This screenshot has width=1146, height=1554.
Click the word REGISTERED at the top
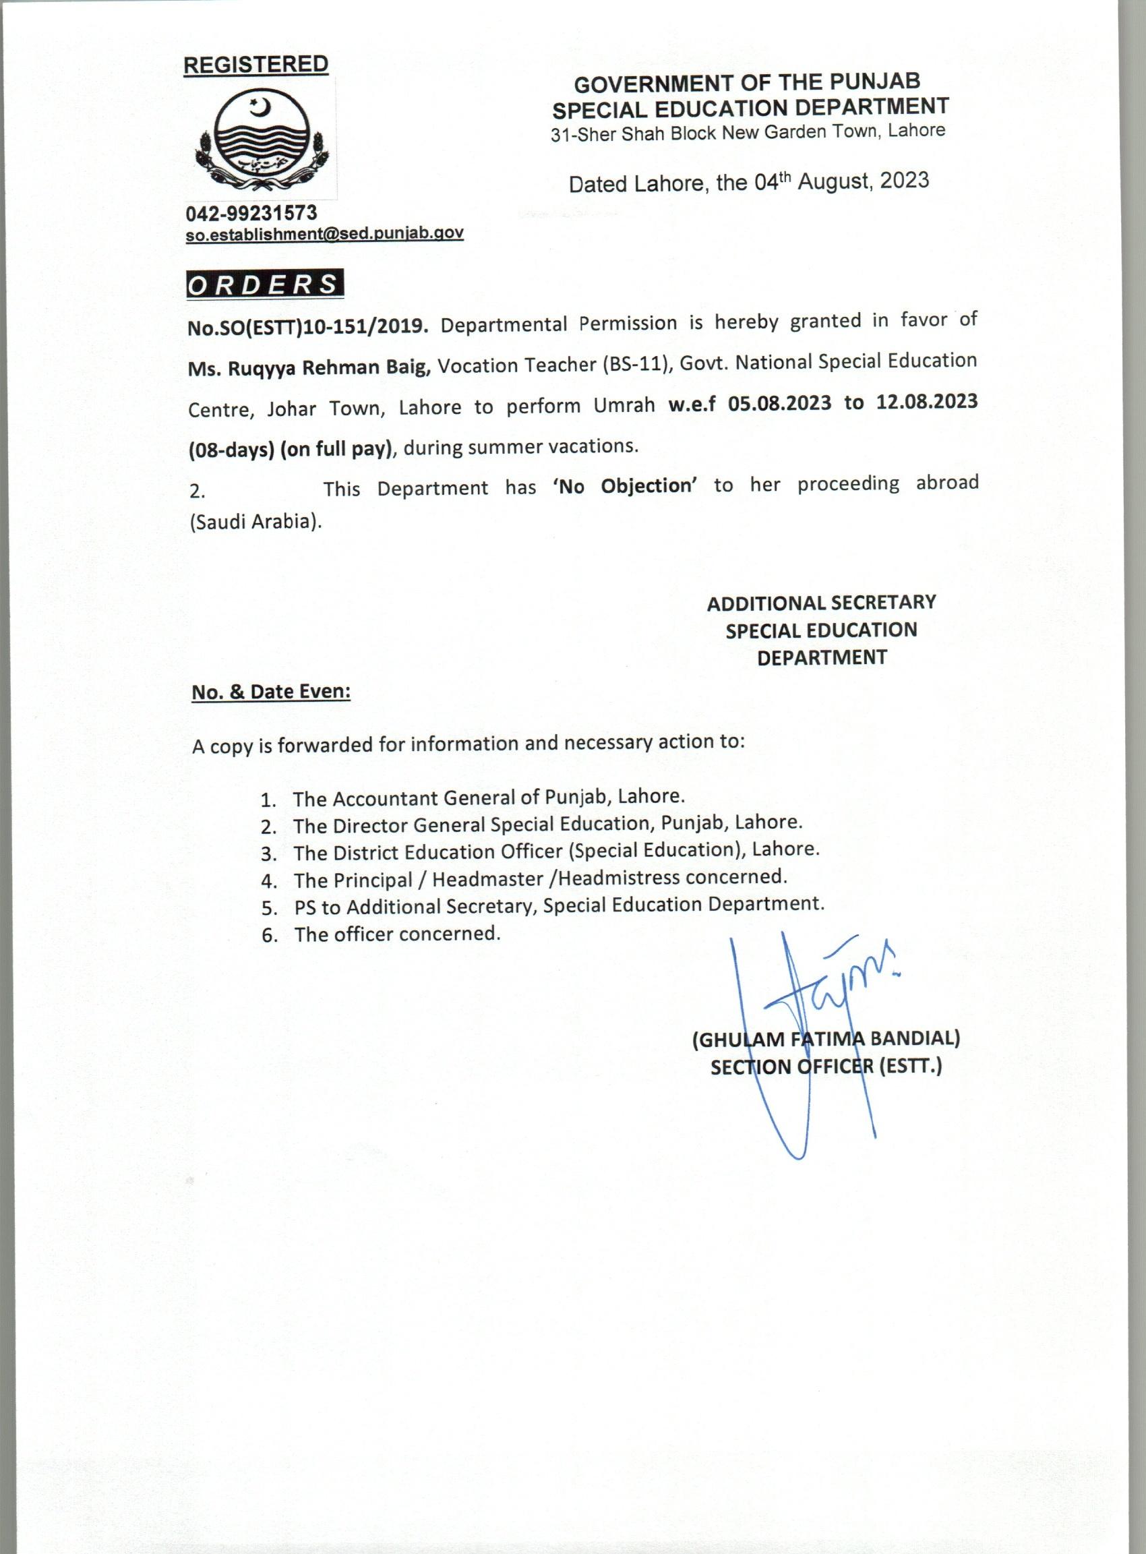[255, 65]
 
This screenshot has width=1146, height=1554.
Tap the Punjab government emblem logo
[262, 140]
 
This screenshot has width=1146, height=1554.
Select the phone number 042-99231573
[251, 212]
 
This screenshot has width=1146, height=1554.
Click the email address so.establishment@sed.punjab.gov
[325, 234]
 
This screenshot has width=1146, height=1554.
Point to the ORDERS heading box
[264, 285]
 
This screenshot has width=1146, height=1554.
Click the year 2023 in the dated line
[904, 181]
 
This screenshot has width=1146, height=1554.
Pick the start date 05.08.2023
[779, 404]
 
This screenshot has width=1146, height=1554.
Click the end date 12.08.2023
[927, 402]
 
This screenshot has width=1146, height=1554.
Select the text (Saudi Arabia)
[255, 522]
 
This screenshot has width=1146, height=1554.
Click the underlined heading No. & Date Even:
[271, 692]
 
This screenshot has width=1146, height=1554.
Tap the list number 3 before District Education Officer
[268, 854]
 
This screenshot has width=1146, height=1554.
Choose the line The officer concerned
[396, 934]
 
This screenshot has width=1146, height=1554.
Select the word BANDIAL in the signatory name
[914, 1038]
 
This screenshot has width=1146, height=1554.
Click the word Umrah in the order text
[624, 405]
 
